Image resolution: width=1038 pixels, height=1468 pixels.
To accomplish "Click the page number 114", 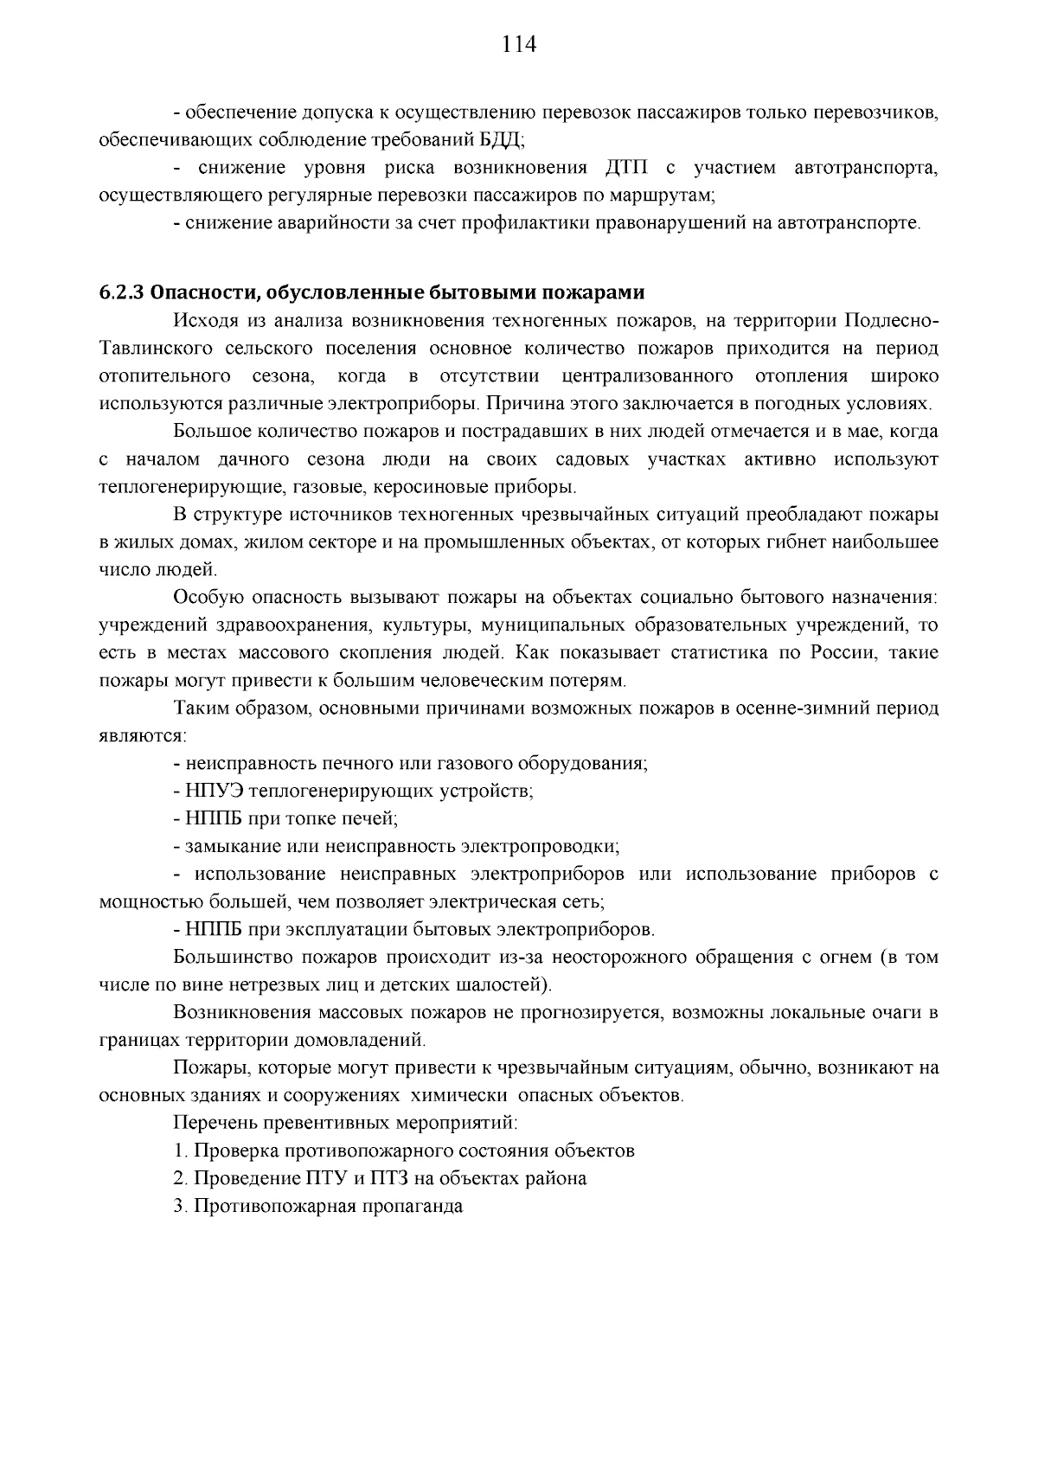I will click(519, 45).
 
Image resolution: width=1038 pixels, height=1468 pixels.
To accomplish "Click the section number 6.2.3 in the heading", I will click(121, 292).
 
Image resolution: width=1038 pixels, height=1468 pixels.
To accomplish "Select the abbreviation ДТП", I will click(618, 168).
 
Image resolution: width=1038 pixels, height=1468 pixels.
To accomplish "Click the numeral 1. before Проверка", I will click(180, 1151).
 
